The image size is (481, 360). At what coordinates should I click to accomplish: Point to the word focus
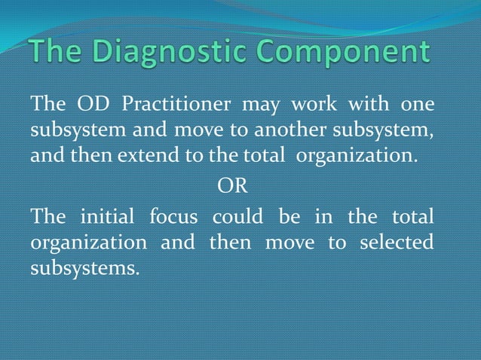(x=173, y=217)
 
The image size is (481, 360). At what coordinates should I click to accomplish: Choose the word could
(x=237, y=217)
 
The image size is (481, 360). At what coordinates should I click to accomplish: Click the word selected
(x=397, y=243)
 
